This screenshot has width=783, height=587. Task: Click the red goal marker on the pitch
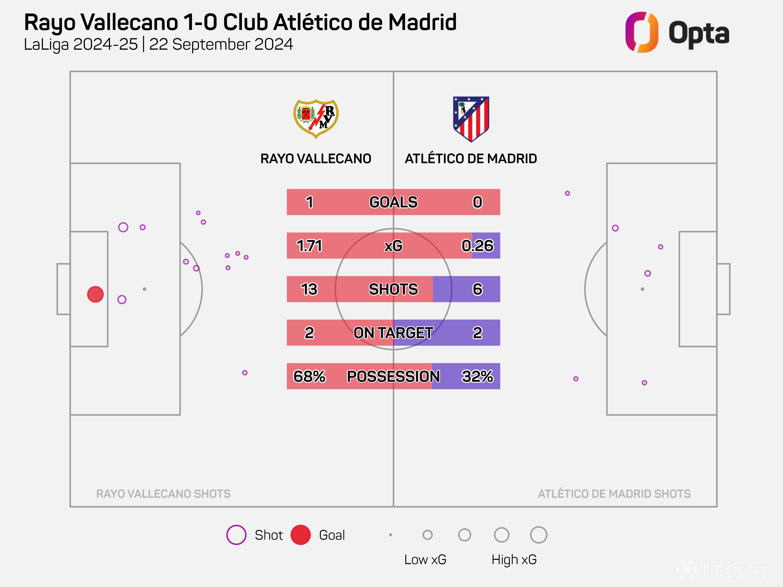95,294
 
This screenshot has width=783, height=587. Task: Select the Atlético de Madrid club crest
471,119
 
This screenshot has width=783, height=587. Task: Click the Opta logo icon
641,32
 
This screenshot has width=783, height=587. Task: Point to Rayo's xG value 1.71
309,246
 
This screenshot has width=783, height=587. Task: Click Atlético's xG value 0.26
477,246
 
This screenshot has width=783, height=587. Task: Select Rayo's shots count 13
309,289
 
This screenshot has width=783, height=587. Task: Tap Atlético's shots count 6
477,289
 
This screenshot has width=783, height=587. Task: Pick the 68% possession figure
309,376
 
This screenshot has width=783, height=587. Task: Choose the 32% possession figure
477,376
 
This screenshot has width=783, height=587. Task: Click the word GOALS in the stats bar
393,202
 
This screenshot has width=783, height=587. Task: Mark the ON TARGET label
393,333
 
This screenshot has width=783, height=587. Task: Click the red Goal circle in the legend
300,535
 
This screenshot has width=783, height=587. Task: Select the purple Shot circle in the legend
236,535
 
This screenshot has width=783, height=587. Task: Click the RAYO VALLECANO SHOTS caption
163,494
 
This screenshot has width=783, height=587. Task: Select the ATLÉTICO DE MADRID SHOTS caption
614,494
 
